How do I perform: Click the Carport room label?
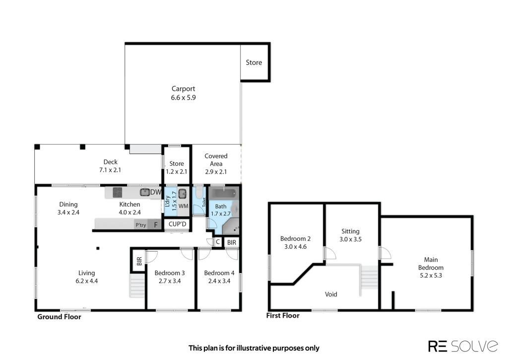(184, 88)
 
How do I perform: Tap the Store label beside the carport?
(254, 63)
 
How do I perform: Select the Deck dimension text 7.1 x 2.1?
(110, 170)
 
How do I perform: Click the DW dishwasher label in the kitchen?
(156, 192)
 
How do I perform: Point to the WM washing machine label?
(184, 206)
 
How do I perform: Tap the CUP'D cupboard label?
(178, 224)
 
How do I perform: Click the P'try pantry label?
(140, 225)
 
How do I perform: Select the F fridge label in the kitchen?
(156, 225)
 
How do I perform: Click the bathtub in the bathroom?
(224, 194)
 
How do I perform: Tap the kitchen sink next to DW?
(144, 192)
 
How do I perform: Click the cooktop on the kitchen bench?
(117, 192)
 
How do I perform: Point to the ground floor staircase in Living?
(137, 286)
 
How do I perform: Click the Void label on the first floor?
(331, 294)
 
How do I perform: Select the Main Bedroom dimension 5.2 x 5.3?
(431, 276)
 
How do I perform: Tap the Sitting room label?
(351, 231)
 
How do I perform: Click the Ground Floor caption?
(60, 317)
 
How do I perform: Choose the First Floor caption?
(283, 316)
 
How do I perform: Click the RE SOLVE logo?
(463, 347)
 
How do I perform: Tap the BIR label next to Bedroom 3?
(139, 261)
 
